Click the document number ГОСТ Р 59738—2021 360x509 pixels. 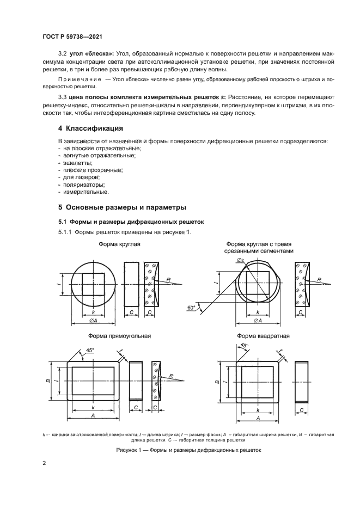pos(72,36)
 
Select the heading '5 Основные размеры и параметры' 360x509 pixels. pos(122,207)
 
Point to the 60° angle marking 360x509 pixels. pos(191,308)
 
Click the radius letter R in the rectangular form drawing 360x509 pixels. pos(172,376)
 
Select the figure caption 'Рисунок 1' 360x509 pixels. pos(188,450)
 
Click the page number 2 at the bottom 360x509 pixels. pos(44,463)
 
